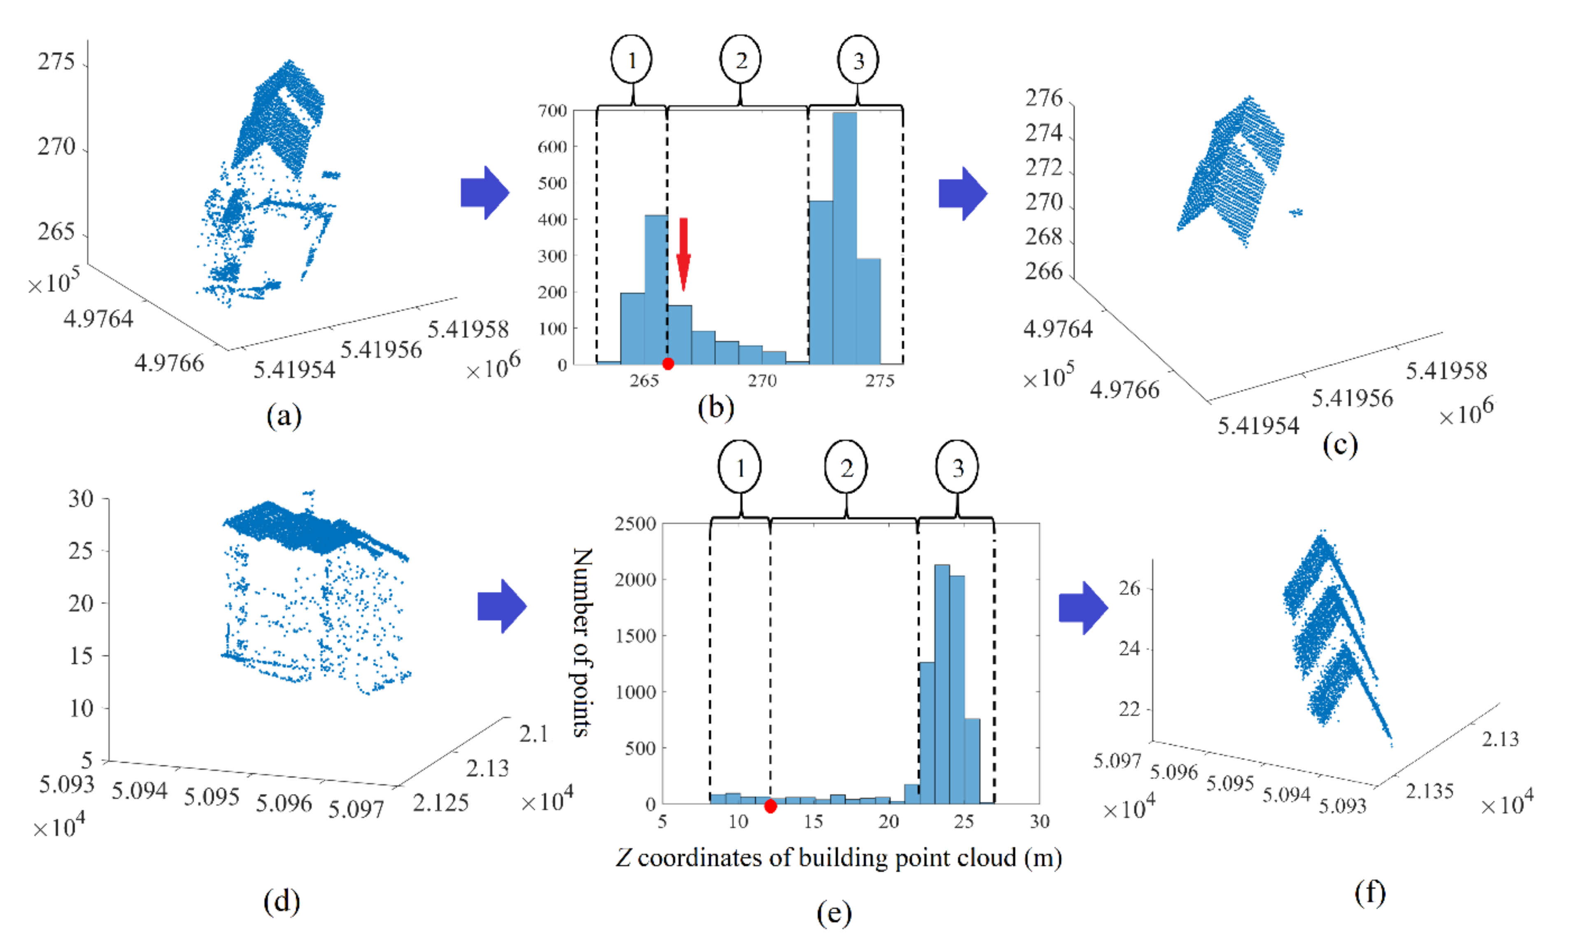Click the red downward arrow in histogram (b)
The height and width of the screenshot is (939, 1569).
click(x=683, y=253)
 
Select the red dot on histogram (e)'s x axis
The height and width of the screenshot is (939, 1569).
click(x=770, y=806)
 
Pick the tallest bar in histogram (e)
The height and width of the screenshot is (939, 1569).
click(x=942, y=683)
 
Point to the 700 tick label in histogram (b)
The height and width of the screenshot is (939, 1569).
click(x=552, y=111)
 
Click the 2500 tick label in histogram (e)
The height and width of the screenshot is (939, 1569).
click(x=635, y=524)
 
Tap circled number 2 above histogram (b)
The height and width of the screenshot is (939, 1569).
click(x=740, y=60)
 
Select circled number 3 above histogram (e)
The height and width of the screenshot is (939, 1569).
click(x=957, y=467)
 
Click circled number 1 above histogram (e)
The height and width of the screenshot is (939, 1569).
click(x=739, y=467)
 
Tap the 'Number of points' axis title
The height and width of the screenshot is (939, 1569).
click(x=582, y=642)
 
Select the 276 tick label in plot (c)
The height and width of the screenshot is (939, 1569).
click(x=1043, y=98)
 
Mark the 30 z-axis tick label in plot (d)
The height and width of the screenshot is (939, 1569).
click(x=81, y=499)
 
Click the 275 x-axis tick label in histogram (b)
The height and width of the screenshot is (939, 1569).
click(x=880, y=381)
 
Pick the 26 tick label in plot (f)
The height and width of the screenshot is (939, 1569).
click(x=1129, y=589)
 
